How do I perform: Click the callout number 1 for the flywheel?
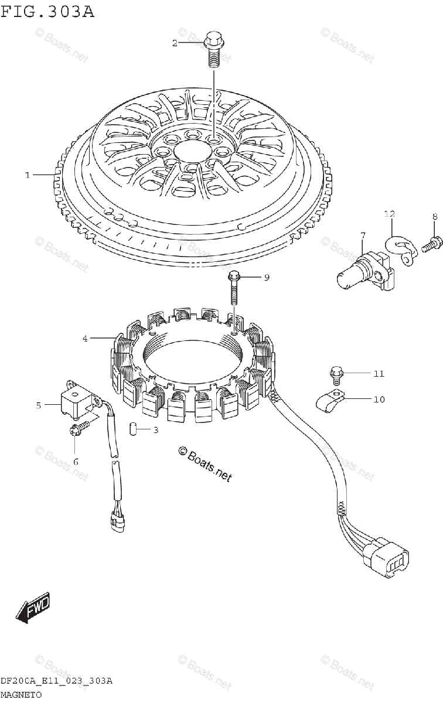pyautogui.click(x=27, y=175)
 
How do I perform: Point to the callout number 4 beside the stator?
pyautogui.click(x=85, y=338)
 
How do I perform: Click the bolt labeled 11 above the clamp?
pyautogui.click(x=336, y=372)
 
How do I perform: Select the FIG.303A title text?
pyautogui.click(x=47, y=11)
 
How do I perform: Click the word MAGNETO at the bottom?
pyautogui.click(x=21, y=694)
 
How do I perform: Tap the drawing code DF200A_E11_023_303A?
pyautogui.click(x=56, y=681)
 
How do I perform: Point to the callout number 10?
pyautogui.click(x=379, y=400)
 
